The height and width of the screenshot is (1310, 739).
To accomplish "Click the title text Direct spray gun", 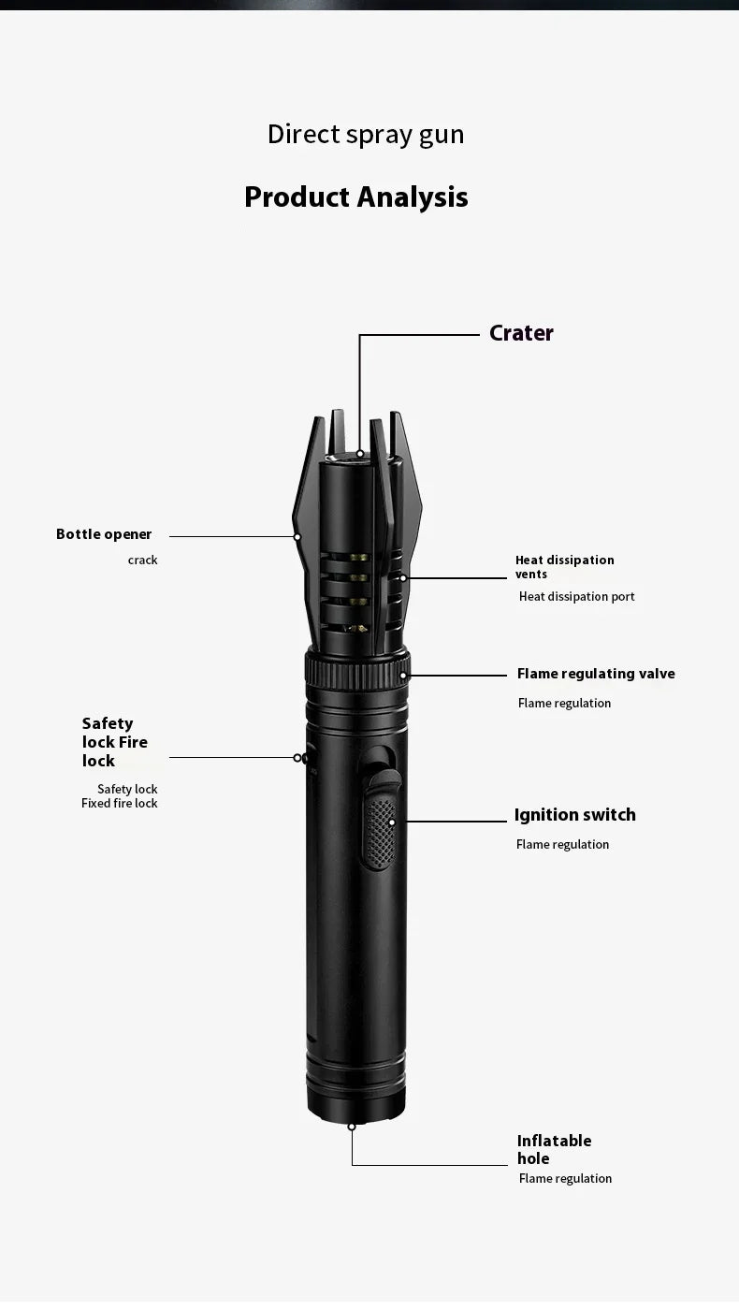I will coord(366,135).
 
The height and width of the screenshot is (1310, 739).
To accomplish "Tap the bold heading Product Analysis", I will coord(355,197).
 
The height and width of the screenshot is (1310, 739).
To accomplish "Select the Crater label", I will coord(521,333).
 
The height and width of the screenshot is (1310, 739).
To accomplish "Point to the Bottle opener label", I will coord(104,534).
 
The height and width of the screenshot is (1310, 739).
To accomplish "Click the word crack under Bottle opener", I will coord(143,560).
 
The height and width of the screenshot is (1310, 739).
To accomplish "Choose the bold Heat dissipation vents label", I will coord(564,567).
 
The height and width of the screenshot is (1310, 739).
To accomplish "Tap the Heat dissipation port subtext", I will coord(576,596).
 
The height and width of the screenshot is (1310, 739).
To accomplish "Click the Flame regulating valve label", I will coord(595,674).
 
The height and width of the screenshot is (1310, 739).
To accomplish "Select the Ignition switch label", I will coord(574,815).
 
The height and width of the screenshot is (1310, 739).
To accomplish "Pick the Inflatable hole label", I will coord(554,1149).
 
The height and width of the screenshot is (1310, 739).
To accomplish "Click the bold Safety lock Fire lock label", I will coord(114,742).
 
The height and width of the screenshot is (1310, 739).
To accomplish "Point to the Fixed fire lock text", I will coord(120,803).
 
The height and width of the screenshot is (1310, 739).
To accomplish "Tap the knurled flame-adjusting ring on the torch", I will coord(355,671).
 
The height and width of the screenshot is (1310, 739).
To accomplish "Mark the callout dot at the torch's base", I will coord(352,1126).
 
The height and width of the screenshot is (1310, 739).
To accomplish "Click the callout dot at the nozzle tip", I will coord(359,454).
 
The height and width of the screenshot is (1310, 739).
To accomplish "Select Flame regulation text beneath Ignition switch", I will coord(562,844).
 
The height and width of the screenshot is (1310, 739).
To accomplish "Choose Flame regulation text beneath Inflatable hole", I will coord(565,1178).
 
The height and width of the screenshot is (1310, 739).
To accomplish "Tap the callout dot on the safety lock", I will coord(297,758).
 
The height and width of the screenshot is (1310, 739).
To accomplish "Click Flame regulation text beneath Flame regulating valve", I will coord(564,703).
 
